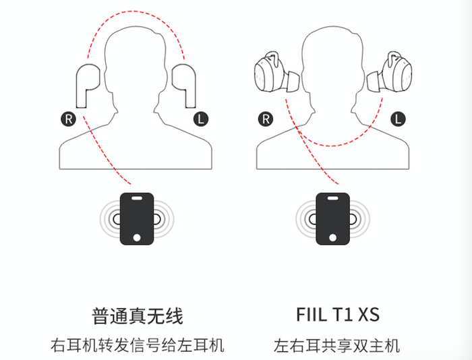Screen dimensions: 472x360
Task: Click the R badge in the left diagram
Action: pos(68,119)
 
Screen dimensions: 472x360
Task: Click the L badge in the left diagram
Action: pos(201,119)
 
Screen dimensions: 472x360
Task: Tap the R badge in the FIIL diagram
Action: pos(266,119)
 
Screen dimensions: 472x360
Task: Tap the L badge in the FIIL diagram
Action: pos(399,119)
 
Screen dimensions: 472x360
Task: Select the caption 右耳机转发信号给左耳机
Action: pos(138,346)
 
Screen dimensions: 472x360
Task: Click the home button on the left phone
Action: pos(138,237)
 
